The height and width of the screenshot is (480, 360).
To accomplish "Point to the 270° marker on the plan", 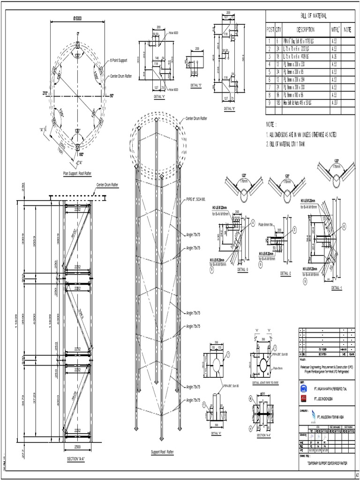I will [x=45, y=93].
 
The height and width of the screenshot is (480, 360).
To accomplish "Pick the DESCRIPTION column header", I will [x=305, y=29].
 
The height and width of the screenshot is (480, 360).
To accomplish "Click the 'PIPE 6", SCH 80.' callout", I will [x=199, y=199].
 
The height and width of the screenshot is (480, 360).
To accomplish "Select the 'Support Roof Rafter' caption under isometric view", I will [x=162, y=452].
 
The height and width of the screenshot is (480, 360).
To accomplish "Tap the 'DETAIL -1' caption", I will [x=337, y=287].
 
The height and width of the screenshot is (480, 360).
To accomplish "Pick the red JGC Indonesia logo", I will [x=303, y=398].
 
